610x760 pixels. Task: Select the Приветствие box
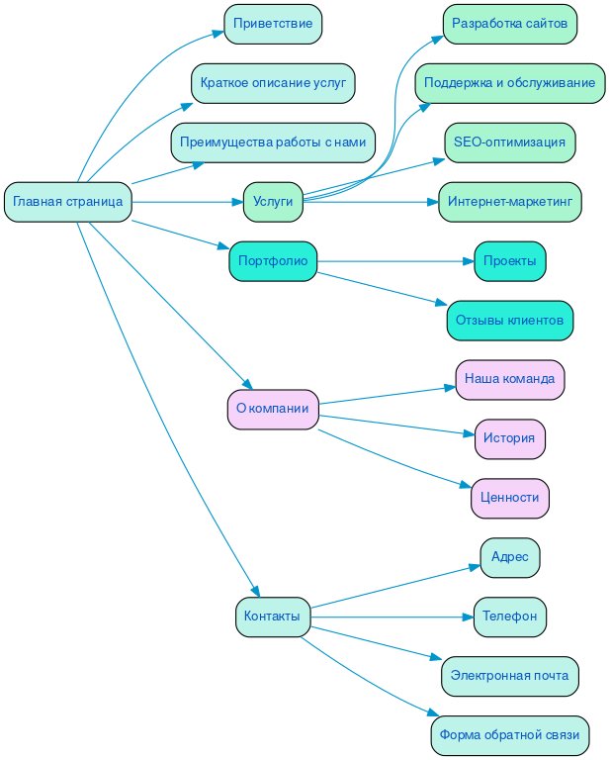click(x=273, y=24)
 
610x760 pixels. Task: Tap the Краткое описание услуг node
click(x=273, y=83)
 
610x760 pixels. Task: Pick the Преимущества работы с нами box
click(x=273, y=142)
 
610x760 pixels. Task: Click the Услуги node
click(x=273, y=202)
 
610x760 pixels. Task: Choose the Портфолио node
click(x=273, y=261)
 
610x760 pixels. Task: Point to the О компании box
click(x=273, y=409)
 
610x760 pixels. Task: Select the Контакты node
click(x=272, y=617)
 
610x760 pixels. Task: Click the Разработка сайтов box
click(x=509, y=24)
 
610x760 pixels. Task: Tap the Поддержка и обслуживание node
click(x=509, y=83)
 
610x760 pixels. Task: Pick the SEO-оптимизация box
click(x=509, y=142)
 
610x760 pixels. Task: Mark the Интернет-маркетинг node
click(x=509, y=202)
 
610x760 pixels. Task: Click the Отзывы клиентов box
click(x=509, y=321)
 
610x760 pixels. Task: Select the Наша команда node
click(x=509, y=379)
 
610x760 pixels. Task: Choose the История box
click(x=509, y=438)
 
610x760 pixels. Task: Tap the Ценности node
click(x=509, y=498)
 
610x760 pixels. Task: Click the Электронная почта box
click(x=509, y=676)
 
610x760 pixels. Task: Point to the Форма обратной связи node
click(x=509, y=735)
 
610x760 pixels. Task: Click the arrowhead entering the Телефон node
click(x=468, y=617)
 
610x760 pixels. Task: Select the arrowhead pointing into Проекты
click(x=469, y=261)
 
